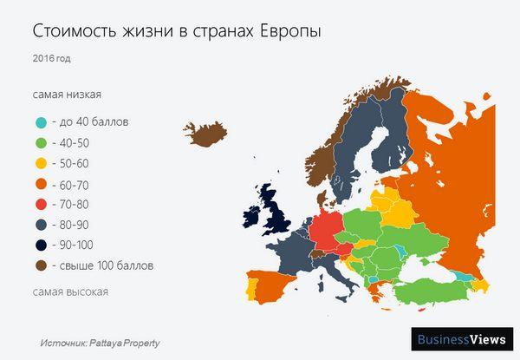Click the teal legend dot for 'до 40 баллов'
tap(42, 122)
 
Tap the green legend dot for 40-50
tap(42, 143)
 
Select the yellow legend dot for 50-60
tap(42, 164)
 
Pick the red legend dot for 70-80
tap(42, 206)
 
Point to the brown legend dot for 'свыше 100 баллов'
tap(42, 265)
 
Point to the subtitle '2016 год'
tap(52, 60)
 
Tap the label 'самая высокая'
tap(70, 291)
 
